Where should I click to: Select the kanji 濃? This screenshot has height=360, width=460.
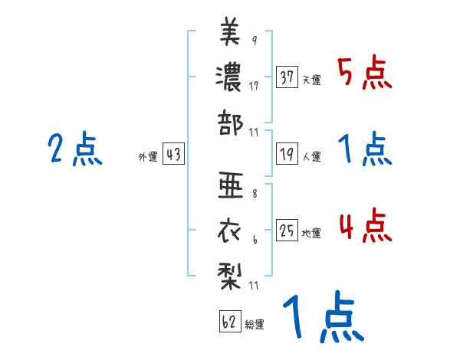point(230,77)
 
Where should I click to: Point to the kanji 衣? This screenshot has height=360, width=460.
point(231,230)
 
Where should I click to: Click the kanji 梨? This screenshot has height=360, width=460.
point(231,273)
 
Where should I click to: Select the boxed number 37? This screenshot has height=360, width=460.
point(287,77)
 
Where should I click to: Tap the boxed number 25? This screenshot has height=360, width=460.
point(287,231)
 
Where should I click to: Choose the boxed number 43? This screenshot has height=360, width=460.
point(173,155)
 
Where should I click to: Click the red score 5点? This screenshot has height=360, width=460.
point(365,74)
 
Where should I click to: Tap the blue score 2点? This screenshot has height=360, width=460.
point(76,149)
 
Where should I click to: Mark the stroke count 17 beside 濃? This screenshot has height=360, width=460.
point(254,86)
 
